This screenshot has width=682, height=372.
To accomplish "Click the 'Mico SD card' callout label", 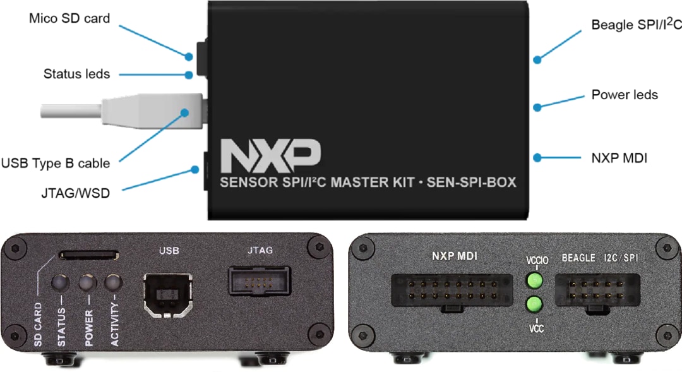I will [69, 18].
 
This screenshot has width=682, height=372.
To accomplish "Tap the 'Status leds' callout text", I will [76, 74].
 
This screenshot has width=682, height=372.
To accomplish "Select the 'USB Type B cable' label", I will [56, 163].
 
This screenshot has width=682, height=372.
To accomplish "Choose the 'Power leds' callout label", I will [625, 95].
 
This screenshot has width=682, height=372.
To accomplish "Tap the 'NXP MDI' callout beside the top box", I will [619, 158].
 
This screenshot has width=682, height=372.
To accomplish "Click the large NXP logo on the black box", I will [270, 155].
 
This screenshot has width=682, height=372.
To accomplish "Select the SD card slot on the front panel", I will [88, 255].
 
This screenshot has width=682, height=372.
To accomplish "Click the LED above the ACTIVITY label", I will [114, 282].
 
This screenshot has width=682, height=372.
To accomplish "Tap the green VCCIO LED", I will [535, 280].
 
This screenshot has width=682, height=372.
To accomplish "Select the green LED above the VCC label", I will [535, 304].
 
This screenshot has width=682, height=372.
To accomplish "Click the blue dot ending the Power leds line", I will [537, 107].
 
